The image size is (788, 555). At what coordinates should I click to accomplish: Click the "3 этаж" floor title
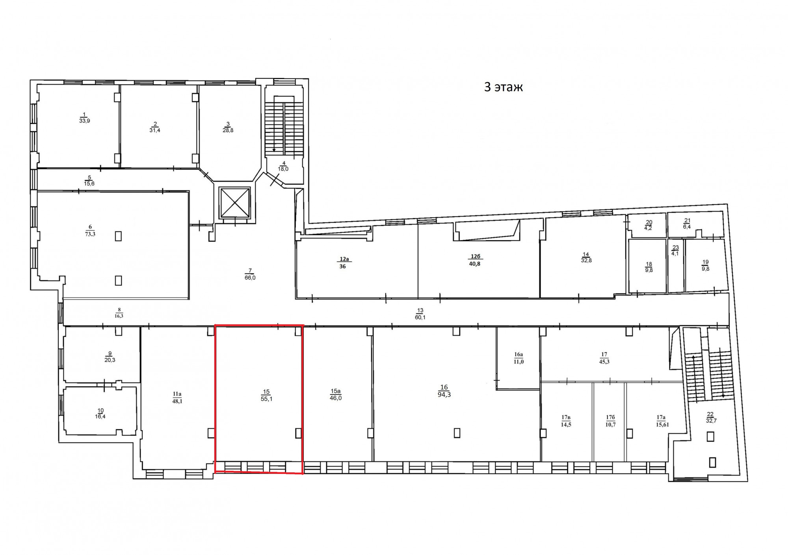[503, 87]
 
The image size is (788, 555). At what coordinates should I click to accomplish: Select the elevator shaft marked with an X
[235, 203]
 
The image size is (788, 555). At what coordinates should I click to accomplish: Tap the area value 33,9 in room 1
[84, 121]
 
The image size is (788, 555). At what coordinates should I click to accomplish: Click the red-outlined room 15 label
[266, 395]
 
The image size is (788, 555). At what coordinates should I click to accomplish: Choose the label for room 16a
[519, 358]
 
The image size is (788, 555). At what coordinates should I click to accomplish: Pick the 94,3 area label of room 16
[444, 394]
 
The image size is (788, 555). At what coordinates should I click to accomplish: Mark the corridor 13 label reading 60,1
[420, 317]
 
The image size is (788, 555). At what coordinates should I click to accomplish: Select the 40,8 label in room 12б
[475, 264]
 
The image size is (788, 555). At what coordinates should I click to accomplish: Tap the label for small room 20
[649, 225]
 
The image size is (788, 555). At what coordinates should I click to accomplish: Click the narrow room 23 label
[675, 251]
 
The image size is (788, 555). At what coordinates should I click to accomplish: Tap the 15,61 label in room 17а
[662, 425]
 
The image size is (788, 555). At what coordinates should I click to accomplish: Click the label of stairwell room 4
[283, 166]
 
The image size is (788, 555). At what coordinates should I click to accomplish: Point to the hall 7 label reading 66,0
[250, 277]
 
